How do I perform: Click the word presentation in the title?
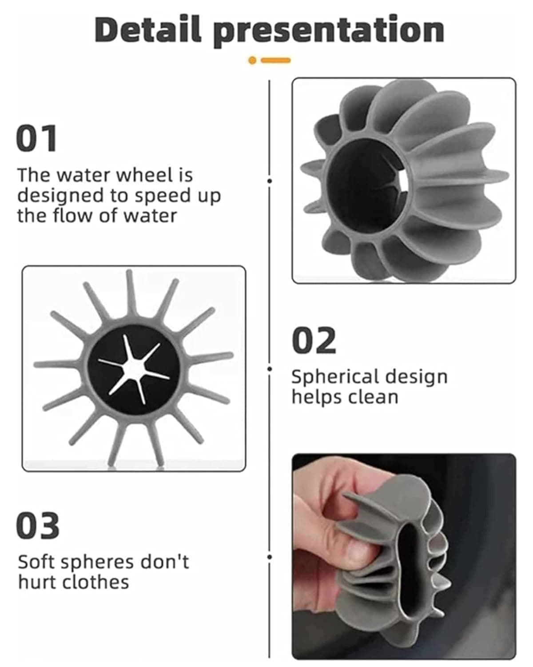[x=329, y=31]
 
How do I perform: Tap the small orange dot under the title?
[x=252, y=60]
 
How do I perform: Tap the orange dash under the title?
[x=276, y=60]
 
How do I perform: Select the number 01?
[x=36, y=139]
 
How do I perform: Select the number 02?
[x=314, y=341]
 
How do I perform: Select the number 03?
[x=38, y=526]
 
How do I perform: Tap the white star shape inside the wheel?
[x=133, y=369]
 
